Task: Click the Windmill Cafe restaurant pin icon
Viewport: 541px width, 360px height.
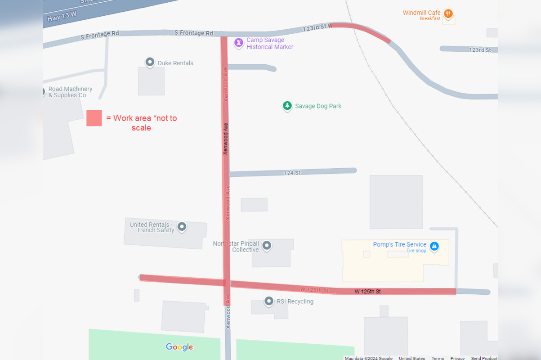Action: tap(448, 13)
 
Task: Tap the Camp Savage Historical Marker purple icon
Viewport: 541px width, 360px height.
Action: tap(239, 43)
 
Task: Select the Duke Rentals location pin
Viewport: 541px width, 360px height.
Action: tap(150, 62)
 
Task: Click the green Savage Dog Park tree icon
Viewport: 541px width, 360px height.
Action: tap(287, 106)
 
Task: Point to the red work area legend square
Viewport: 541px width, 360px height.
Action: tap(94, 118)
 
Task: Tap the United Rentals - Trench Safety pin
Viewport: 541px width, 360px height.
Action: tap(182, 226)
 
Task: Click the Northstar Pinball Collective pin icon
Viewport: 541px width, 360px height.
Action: tap(267, 245)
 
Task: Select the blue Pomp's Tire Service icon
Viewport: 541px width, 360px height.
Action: tap(434, 246)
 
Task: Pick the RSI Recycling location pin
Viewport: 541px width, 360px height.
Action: tap(269, 301)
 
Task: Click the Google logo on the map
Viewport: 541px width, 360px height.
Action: tap(179, 347)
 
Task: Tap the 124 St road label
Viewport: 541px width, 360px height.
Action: tap(292, 173)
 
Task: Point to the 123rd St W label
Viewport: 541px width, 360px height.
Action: tap(317, 27)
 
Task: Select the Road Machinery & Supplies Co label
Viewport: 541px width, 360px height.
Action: tap(70, 92)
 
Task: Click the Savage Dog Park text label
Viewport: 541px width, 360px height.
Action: tap(318, 106)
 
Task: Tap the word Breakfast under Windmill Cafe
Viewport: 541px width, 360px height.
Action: tap(430, 19)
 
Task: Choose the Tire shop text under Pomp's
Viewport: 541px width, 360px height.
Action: tap(416, 251)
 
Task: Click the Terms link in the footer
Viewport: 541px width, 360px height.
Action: tap(438, 358)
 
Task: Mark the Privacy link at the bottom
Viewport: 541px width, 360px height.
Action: tap(457, 358)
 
